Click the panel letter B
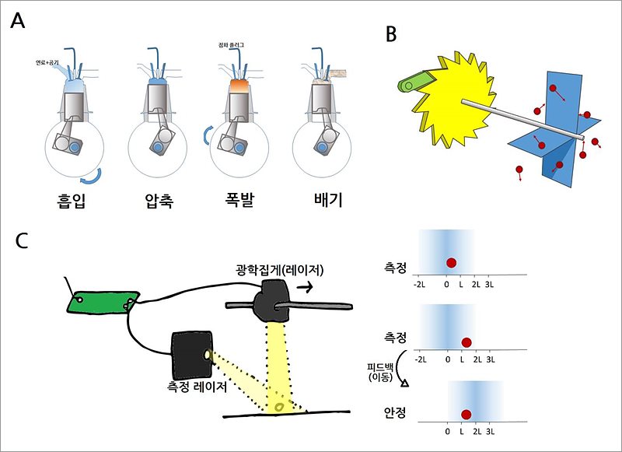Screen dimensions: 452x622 pos(393,34)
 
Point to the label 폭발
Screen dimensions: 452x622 pos(239,201)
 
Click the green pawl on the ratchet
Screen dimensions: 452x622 pos(412,81)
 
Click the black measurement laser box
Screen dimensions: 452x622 pos(191,354)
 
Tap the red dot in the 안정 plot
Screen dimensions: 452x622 pos(466,414)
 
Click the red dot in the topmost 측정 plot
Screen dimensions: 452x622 pos(451,262)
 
